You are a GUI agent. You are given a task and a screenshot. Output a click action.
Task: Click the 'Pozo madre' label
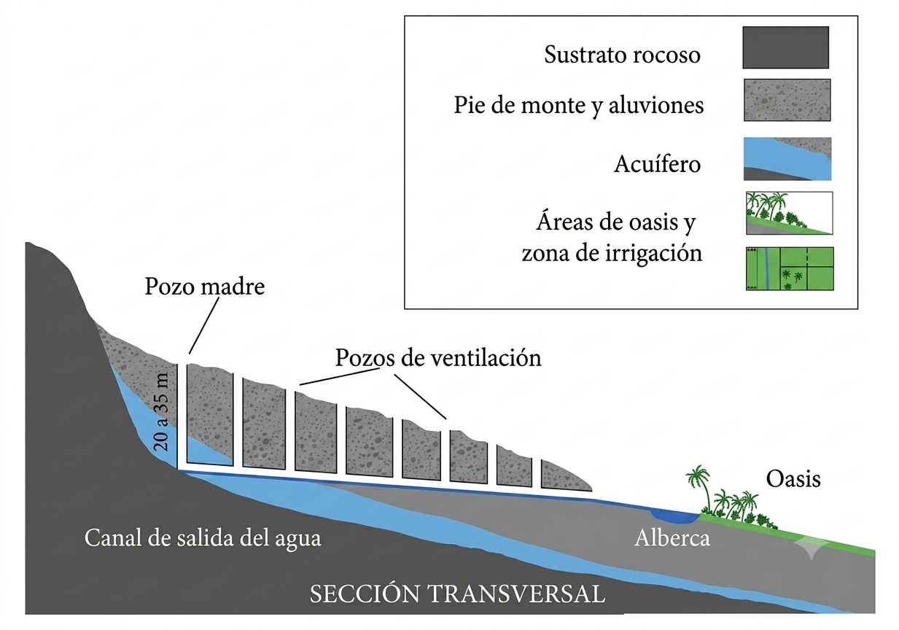(205, 287)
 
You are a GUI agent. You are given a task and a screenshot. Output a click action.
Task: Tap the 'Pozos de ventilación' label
(438, 357)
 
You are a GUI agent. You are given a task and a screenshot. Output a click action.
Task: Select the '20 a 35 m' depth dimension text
(161, 412)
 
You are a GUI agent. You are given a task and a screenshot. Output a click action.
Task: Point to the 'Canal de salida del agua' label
(203, 538)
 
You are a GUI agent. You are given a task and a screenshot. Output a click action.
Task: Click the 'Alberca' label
(672, 538)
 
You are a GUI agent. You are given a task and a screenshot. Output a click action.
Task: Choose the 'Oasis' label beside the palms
(793, 479)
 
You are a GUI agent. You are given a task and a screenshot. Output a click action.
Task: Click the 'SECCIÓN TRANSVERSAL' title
(457, 594)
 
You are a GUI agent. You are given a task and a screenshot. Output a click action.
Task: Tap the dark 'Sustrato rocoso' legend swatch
(785, 47)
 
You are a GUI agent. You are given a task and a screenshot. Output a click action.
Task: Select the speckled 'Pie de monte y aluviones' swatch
(787, 100)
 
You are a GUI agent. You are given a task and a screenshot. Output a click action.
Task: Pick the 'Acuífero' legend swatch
(787, 159)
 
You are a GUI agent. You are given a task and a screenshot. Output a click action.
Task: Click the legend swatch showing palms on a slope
(790, 213)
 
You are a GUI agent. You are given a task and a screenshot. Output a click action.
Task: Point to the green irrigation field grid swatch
(790, 268)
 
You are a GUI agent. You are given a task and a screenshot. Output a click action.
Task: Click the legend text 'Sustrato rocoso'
(622, 55)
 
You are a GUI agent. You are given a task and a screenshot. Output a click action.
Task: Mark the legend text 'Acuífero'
(658, 164)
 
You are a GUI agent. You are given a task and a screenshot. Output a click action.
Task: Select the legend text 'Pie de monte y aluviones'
(578, 106)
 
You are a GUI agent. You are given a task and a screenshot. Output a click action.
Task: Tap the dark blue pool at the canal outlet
(674, 516)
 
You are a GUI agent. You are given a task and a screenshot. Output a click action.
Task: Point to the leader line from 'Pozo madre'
(204, 325)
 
